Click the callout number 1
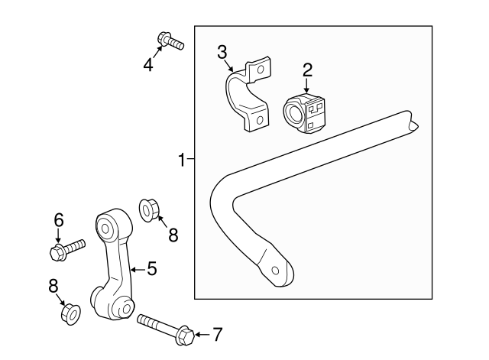182,160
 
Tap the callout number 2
307,70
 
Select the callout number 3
222,52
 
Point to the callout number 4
148,65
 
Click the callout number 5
152,268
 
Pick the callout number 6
59,219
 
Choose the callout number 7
217,334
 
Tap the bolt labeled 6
66,249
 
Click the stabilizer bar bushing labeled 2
304,114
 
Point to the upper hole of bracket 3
261,70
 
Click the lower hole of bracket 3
260,120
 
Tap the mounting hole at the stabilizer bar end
275,270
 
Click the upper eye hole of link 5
105,229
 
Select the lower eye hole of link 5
126,309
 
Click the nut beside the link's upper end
149,210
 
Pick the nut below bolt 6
70,314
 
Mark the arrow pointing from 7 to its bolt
202,335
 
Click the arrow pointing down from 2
307,86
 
